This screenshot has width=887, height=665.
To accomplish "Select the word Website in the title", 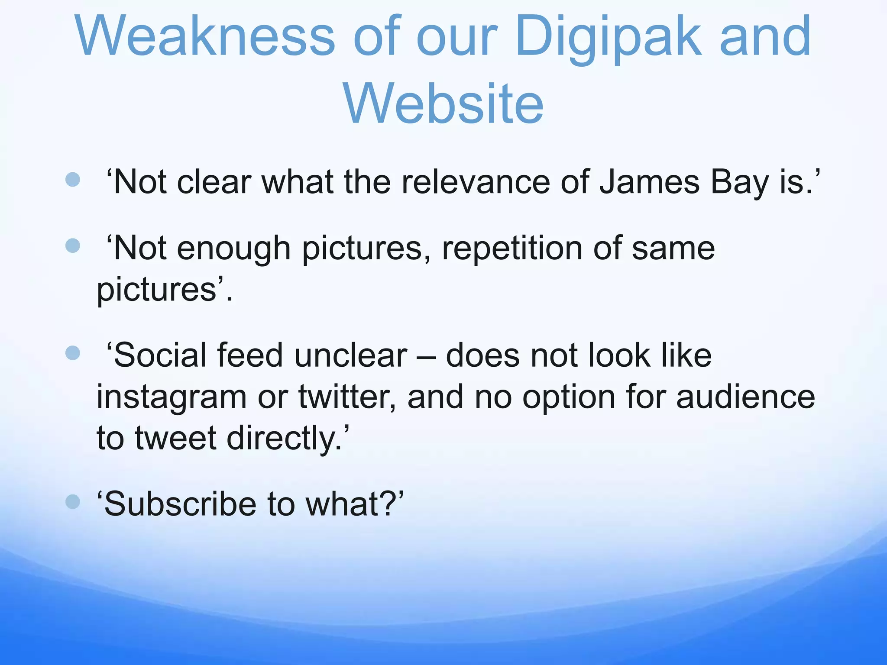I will point(443,104).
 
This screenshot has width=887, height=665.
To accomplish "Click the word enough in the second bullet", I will point(233,249).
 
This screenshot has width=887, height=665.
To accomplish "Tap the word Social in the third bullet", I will point(161,355).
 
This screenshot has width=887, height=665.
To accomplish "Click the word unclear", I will point(350,355).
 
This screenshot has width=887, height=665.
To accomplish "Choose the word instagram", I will point(172,397).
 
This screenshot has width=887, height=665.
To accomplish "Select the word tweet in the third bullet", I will point(176,438).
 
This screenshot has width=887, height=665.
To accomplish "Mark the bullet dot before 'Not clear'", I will point(73,180).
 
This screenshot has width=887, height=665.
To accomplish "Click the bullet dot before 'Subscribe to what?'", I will point(73,502).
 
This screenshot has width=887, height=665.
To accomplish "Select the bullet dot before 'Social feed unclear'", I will point(73,353).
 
